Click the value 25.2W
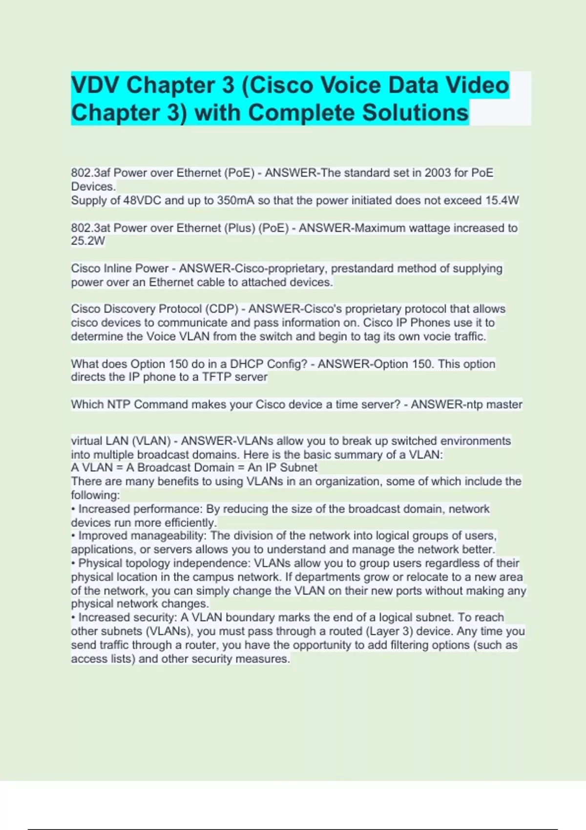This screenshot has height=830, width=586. point(88,241)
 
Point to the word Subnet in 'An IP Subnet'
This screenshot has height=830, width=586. point(298,467)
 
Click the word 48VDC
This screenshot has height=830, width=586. point(142,201)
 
